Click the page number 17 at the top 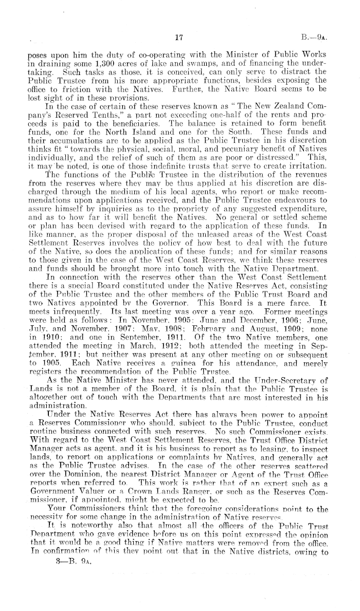(179, 37)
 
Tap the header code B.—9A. (328, 37)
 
